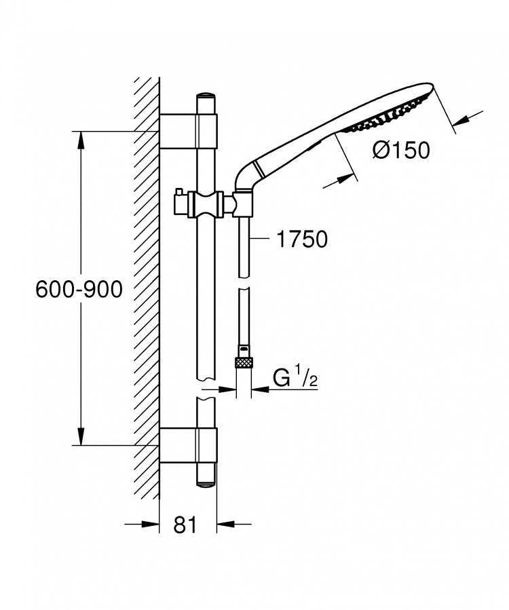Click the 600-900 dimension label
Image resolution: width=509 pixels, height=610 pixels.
[x=79, y=290]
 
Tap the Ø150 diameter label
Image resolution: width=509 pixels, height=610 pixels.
[x=401, y=150]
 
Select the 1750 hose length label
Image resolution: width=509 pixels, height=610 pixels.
[x=302, y=239]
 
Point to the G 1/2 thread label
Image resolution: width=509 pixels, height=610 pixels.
[x=295, y=378]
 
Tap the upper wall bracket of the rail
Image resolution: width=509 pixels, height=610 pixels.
[x=189, y=131]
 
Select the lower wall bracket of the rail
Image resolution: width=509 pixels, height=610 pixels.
[x=189, y=445]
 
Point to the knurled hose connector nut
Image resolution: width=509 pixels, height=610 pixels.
[x=244, y=362]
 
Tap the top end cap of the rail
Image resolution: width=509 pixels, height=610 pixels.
[x=206, y=96]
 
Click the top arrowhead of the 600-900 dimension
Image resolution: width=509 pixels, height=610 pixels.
[x=81, y=140]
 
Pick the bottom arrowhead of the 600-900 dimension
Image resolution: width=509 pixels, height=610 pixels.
[x=81, y=436]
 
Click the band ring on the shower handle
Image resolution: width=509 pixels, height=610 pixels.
[x=259, y=168]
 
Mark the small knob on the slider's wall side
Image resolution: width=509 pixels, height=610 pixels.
[x=178, y=191]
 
